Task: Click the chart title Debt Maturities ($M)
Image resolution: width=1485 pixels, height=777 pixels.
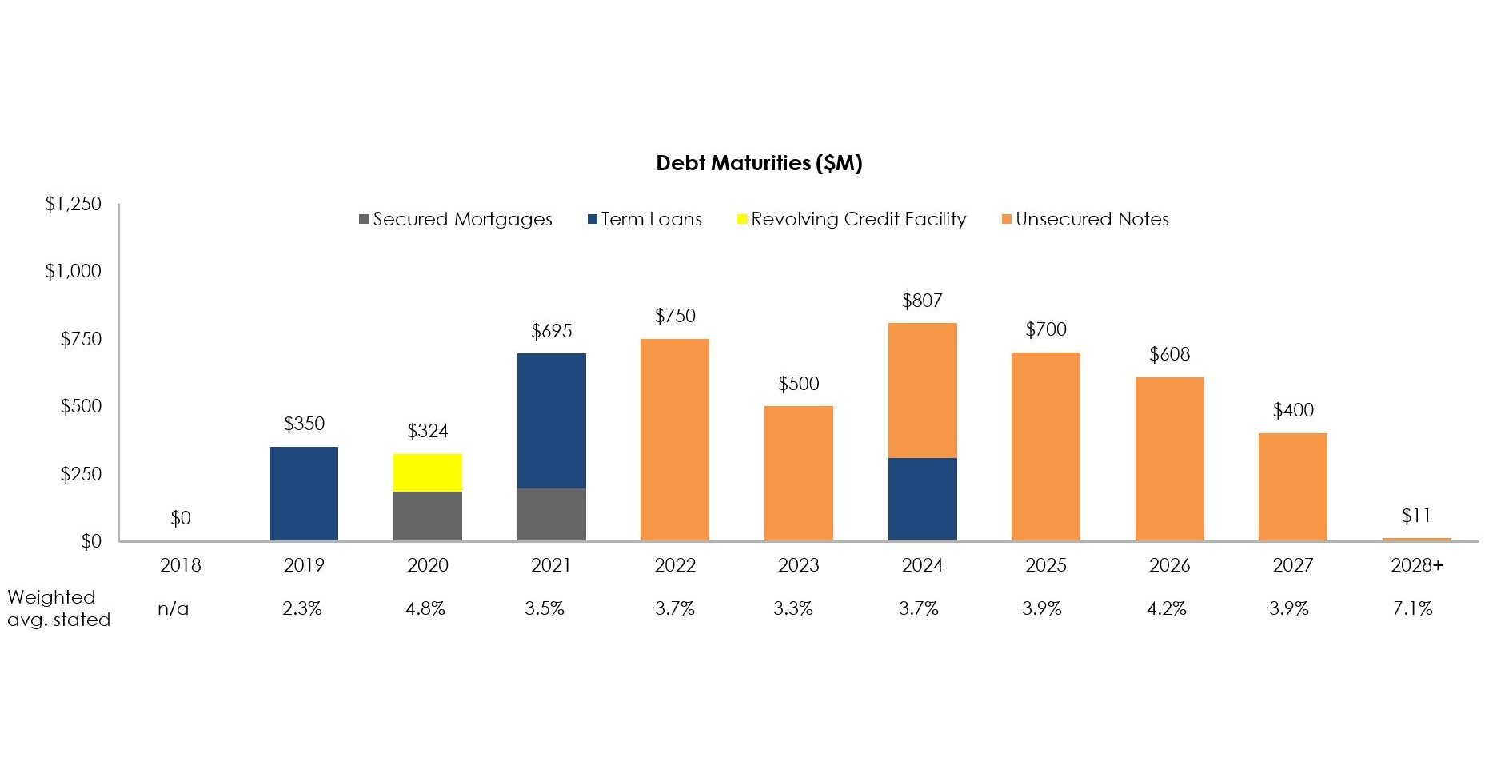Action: click(x=758, y=163)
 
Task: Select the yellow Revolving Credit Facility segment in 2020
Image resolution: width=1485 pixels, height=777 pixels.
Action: click(x=427, y=472)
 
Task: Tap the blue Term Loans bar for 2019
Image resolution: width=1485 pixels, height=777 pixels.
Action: click(x=304, y=493)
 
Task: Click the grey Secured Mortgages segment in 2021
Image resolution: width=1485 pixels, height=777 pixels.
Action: click(x=551, y=514)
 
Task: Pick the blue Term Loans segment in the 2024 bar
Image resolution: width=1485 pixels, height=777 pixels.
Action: click(x=922, y=499)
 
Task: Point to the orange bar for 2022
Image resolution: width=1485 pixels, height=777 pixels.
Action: click(x=674, y=440)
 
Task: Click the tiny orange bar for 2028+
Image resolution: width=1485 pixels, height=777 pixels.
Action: click(x=1415, y=540)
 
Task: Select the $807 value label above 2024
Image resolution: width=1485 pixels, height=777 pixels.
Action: click(x=922, y=301)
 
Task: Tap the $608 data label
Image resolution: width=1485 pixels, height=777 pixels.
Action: click(x=1169, y=354)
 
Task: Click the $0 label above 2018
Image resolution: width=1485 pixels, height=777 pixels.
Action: click(x=181, y=518)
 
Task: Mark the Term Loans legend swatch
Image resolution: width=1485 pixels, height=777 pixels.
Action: click(x=593, y=219)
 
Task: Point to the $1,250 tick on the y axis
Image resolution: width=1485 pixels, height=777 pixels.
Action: click(x=73, y=204)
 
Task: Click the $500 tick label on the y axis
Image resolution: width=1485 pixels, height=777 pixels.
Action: click(x=81, y=406)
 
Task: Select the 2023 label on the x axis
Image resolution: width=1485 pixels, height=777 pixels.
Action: click(x=798, y=565)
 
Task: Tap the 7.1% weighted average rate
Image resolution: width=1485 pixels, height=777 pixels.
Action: click(x=1412, y=608)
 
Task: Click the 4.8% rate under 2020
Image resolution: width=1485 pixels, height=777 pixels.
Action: click(x=425, y=608)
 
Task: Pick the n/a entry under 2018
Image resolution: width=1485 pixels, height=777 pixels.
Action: click(x=174, y=608)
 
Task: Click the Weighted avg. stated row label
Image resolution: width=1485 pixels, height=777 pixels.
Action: click(x=58, y=608)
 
